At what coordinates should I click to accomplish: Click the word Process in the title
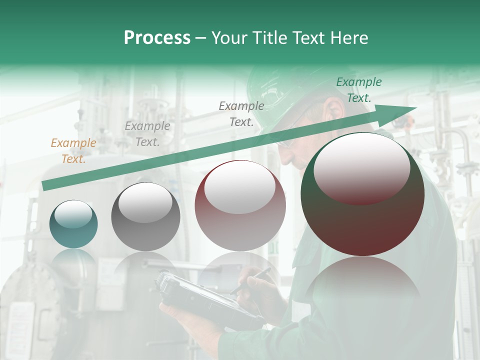157,38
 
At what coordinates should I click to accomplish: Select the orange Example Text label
73,151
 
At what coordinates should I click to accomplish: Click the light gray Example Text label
147,134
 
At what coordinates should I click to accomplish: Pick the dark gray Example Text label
241,113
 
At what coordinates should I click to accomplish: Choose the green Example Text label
359,90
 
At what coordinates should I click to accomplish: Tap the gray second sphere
145,217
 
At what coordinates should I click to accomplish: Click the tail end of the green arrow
44,186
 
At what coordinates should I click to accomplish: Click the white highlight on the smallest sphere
73,214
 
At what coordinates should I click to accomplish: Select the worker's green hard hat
272,92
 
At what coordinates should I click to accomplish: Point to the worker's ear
331,106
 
